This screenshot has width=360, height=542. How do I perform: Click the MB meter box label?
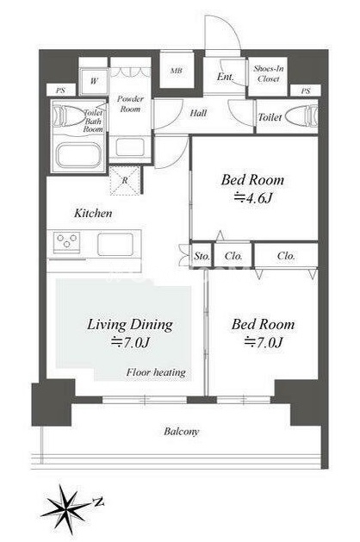(177, 71)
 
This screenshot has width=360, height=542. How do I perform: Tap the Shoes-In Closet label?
(269, 73)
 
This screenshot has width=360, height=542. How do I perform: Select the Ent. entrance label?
(226, 77)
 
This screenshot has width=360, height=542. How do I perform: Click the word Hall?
(198, 113)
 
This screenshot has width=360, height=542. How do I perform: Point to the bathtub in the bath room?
(79, 156)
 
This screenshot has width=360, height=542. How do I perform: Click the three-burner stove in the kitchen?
(66, 240)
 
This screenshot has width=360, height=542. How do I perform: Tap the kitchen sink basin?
(115, 244)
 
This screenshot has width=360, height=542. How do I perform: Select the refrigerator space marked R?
(125, 180)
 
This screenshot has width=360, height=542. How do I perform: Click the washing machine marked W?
(94, 81)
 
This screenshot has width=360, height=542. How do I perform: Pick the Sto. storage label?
(202, 256)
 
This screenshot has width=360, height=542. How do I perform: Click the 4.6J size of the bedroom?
(253, 198)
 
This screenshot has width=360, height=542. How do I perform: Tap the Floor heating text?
(156, 372)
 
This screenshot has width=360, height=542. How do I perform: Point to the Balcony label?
(182, 432)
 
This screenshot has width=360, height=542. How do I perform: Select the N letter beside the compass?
(99, 502)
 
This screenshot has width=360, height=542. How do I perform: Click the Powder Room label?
(130, 103)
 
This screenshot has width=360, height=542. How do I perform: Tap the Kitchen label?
(93, 213)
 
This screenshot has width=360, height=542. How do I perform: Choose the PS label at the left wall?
(60, 91)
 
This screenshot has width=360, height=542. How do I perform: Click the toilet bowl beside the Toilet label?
(301, 117)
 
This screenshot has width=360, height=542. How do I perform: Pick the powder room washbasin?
(130, 147)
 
